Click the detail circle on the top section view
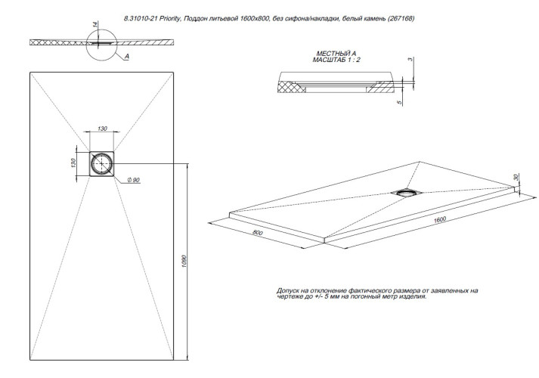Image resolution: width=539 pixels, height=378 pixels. point(104,45)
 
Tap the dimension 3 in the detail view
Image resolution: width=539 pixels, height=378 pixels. point(410,59)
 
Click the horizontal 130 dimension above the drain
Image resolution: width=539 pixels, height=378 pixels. point(102,129)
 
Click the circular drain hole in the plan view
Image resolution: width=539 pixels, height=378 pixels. point(101,163)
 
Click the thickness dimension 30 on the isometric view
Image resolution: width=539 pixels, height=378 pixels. point(516,178)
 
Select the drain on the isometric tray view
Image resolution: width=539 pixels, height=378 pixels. point(407,192)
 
